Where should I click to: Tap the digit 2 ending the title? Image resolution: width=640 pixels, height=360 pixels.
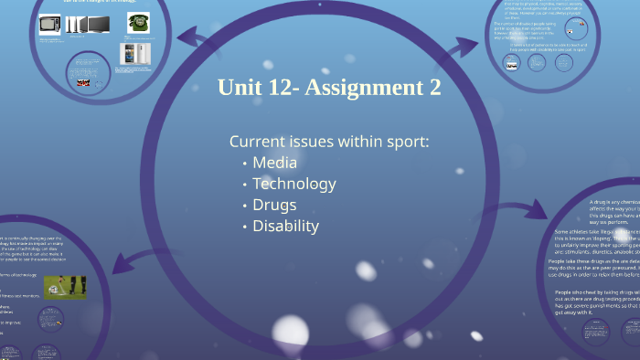[434, 89]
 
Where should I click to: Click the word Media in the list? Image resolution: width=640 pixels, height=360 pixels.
[274, 163]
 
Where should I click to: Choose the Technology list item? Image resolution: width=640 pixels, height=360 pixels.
[293, 184]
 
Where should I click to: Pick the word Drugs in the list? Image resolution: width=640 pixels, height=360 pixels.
[274, 205]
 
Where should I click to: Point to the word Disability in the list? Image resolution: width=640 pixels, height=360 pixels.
[285, 226]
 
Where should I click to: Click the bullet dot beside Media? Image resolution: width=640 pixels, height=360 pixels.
[244, 164]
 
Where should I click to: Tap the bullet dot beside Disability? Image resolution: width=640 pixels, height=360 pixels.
[244, 227]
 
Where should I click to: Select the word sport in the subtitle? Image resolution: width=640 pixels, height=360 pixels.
[406, 142]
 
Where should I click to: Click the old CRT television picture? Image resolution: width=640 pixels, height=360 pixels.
[48, 26]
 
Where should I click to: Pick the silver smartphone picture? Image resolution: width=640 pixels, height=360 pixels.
[133, 53]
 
